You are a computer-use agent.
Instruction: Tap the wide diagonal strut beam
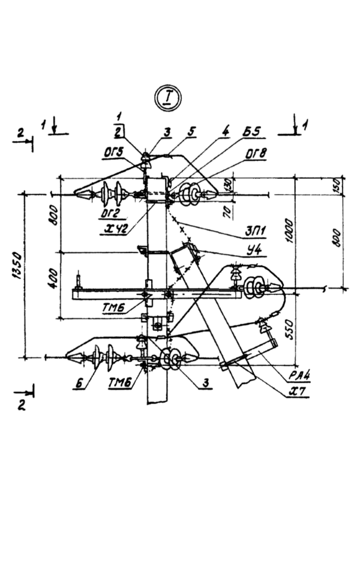[213, 318]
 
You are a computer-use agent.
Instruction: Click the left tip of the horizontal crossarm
[73, 295]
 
